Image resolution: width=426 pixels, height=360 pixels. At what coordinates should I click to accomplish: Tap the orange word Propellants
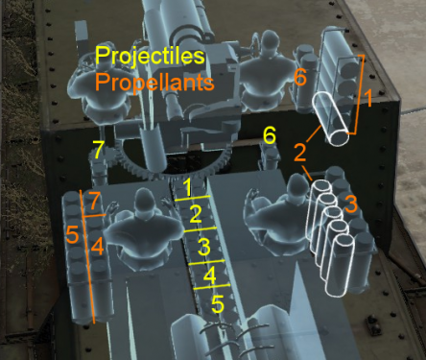pyautogui.click(x=154, y=84)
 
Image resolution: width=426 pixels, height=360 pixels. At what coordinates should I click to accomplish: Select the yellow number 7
pyautogui.click(x=96, y=149)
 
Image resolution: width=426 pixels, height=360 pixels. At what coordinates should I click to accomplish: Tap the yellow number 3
pyautogui.click(x=202, y=247)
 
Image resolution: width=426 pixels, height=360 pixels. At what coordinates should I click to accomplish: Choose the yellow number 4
pyautogui.click(x=210, y=276)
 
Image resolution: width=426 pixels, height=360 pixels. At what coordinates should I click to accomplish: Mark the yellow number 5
pyautogui.click(x=217, y=305)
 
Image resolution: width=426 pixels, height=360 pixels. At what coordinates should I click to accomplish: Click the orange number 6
pyautogui.click(x=299, y=77)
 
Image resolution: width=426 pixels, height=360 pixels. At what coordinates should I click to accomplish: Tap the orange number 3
pyautogui.click(x=350, y=204)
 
